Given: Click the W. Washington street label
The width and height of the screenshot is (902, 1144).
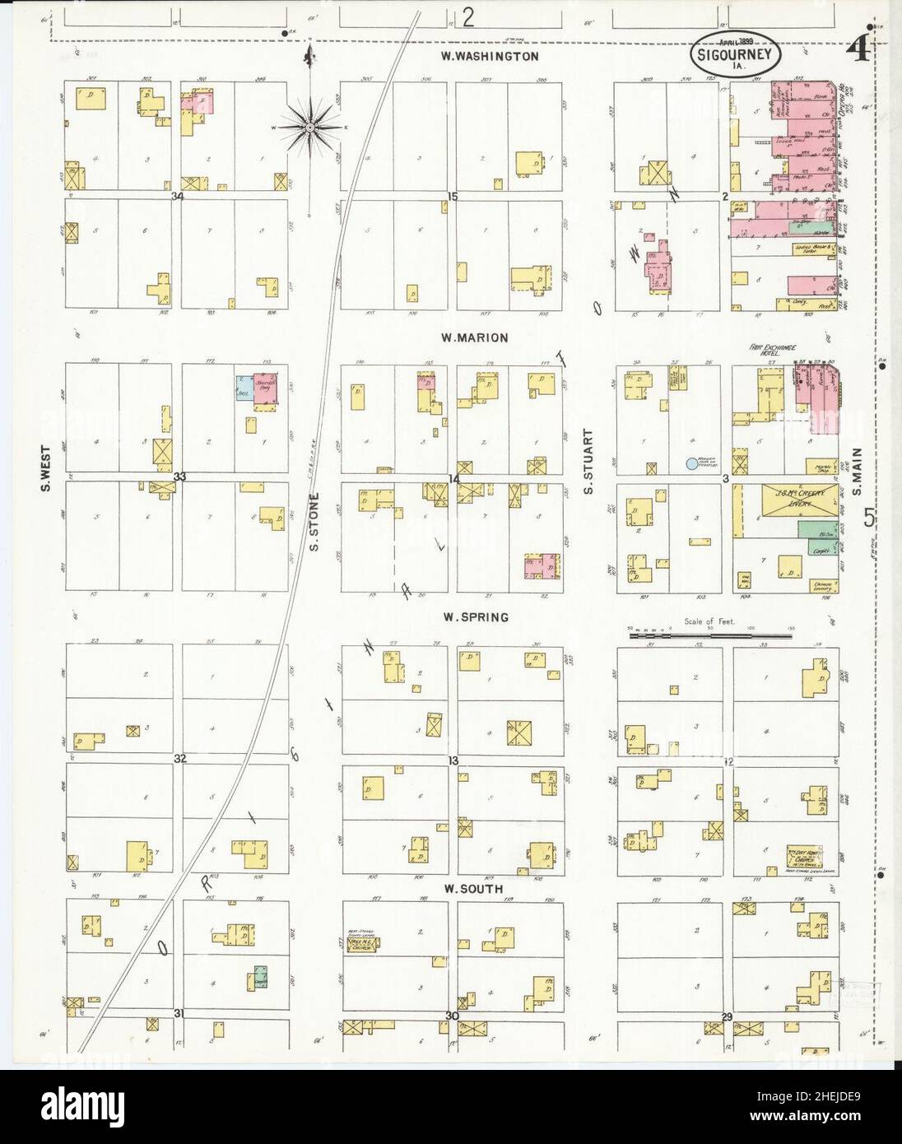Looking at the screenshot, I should pyautogui.click(x=489, y=57).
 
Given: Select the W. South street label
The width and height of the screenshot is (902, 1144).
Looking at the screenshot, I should pyautogui.click(x=472, y=890).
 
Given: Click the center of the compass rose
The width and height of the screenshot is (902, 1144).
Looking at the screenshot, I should pyautogui.click(x=309, y=127).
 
